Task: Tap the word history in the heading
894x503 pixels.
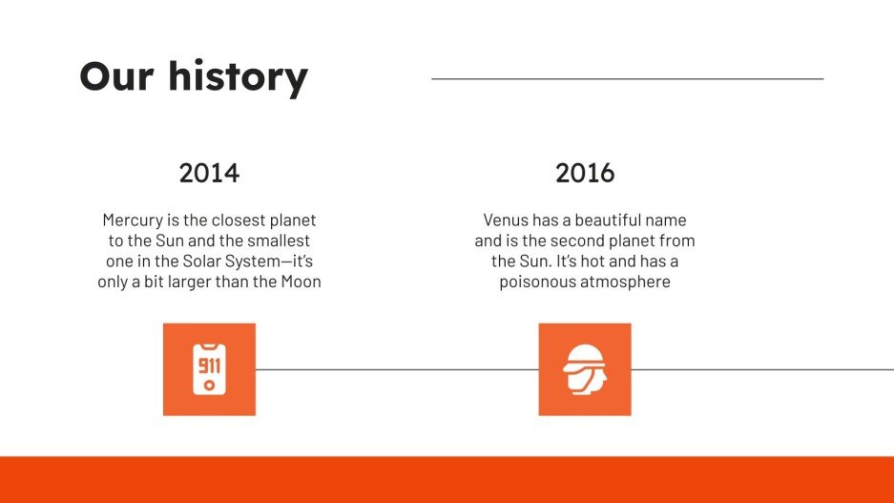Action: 239,77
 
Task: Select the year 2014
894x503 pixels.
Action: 209,173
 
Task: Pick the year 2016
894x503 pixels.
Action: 585,173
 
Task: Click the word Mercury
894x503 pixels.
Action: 133,220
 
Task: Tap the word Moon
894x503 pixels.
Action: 301,282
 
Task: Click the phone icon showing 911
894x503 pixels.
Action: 209,369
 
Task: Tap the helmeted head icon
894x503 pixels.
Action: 585,369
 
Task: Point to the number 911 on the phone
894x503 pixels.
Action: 209,365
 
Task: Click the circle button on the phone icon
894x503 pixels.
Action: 209,386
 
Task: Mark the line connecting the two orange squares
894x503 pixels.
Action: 397,369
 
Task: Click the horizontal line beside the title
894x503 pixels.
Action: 628,78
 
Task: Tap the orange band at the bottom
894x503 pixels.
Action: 447,480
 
